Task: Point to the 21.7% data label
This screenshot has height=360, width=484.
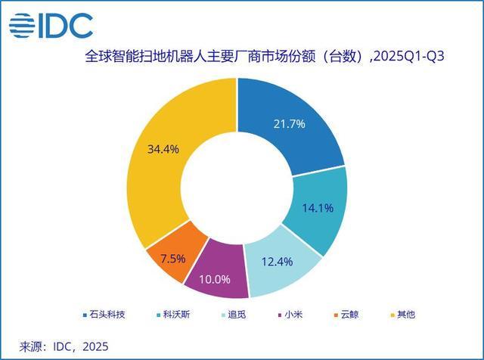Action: pos(290,123)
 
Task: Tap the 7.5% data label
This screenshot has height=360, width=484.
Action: pos(173,259)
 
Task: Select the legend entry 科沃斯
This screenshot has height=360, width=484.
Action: pos(178,313)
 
